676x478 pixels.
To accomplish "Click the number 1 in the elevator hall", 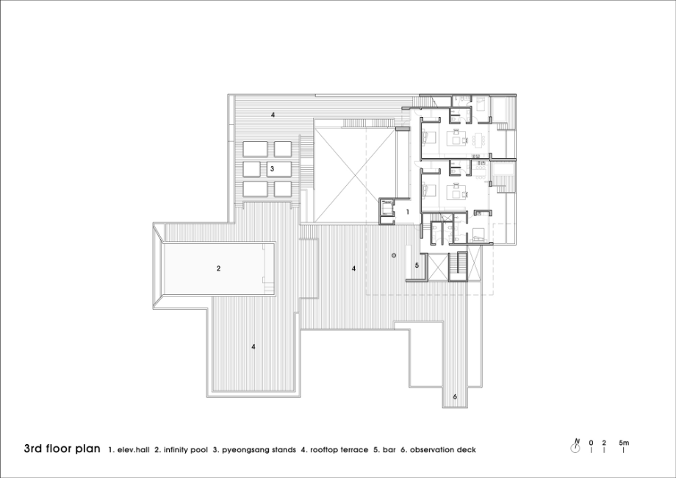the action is pyautogui.click(x=407, y=213).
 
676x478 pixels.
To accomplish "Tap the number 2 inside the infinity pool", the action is pyautogui.click(x=218, y=268).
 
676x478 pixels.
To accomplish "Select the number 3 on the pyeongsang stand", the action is pyautogui.click(x=272, y=168).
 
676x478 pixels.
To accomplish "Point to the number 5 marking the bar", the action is pyautogui.click(x=417, y=265).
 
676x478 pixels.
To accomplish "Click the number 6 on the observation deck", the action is pyautogui.click(x=455, y=396).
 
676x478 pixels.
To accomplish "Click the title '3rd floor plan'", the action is pyautogui.click(x=62, y=449).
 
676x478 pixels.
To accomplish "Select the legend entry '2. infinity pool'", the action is pyautogui.click(x=181, y=450).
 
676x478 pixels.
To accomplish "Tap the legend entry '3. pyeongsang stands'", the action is pyautogui.click(x=254, y=450).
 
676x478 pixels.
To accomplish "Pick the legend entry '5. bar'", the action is pyautogui.click(x=384, y=450).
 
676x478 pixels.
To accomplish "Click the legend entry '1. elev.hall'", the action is pyautogui.click(x=129, y=450).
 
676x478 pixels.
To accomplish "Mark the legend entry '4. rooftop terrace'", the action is pyautogui.click(x=334, y=450).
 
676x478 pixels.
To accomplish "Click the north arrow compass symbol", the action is pyautogui.click(x=575, y=446).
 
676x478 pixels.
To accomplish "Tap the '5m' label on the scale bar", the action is pyautogui.click(x=624, y=443).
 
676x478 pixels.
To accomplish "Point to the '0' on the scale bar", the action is pyautogui.click(x=591, y=443).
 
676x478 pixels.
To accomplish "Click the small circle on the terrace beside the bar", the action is pyautogui.click(x=394, y=256).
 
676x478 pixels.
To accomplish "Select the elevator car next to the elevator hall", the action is pyautogui.click(x=386, y=208).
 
